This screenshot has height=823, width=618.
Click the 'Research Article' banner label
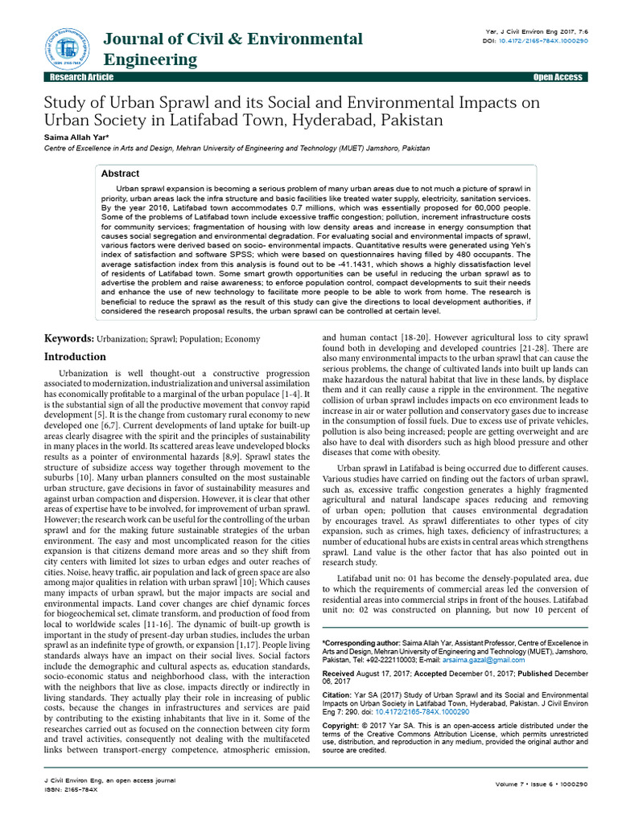click(x=81, y=77)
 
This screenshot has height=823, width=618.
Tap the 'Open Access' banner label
click(x=558, y=77)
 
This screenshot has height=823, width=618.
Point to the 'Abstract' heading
click(x=120, y=174)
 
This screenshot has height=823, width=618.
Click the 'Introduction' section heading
click(x=74, y=356)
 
